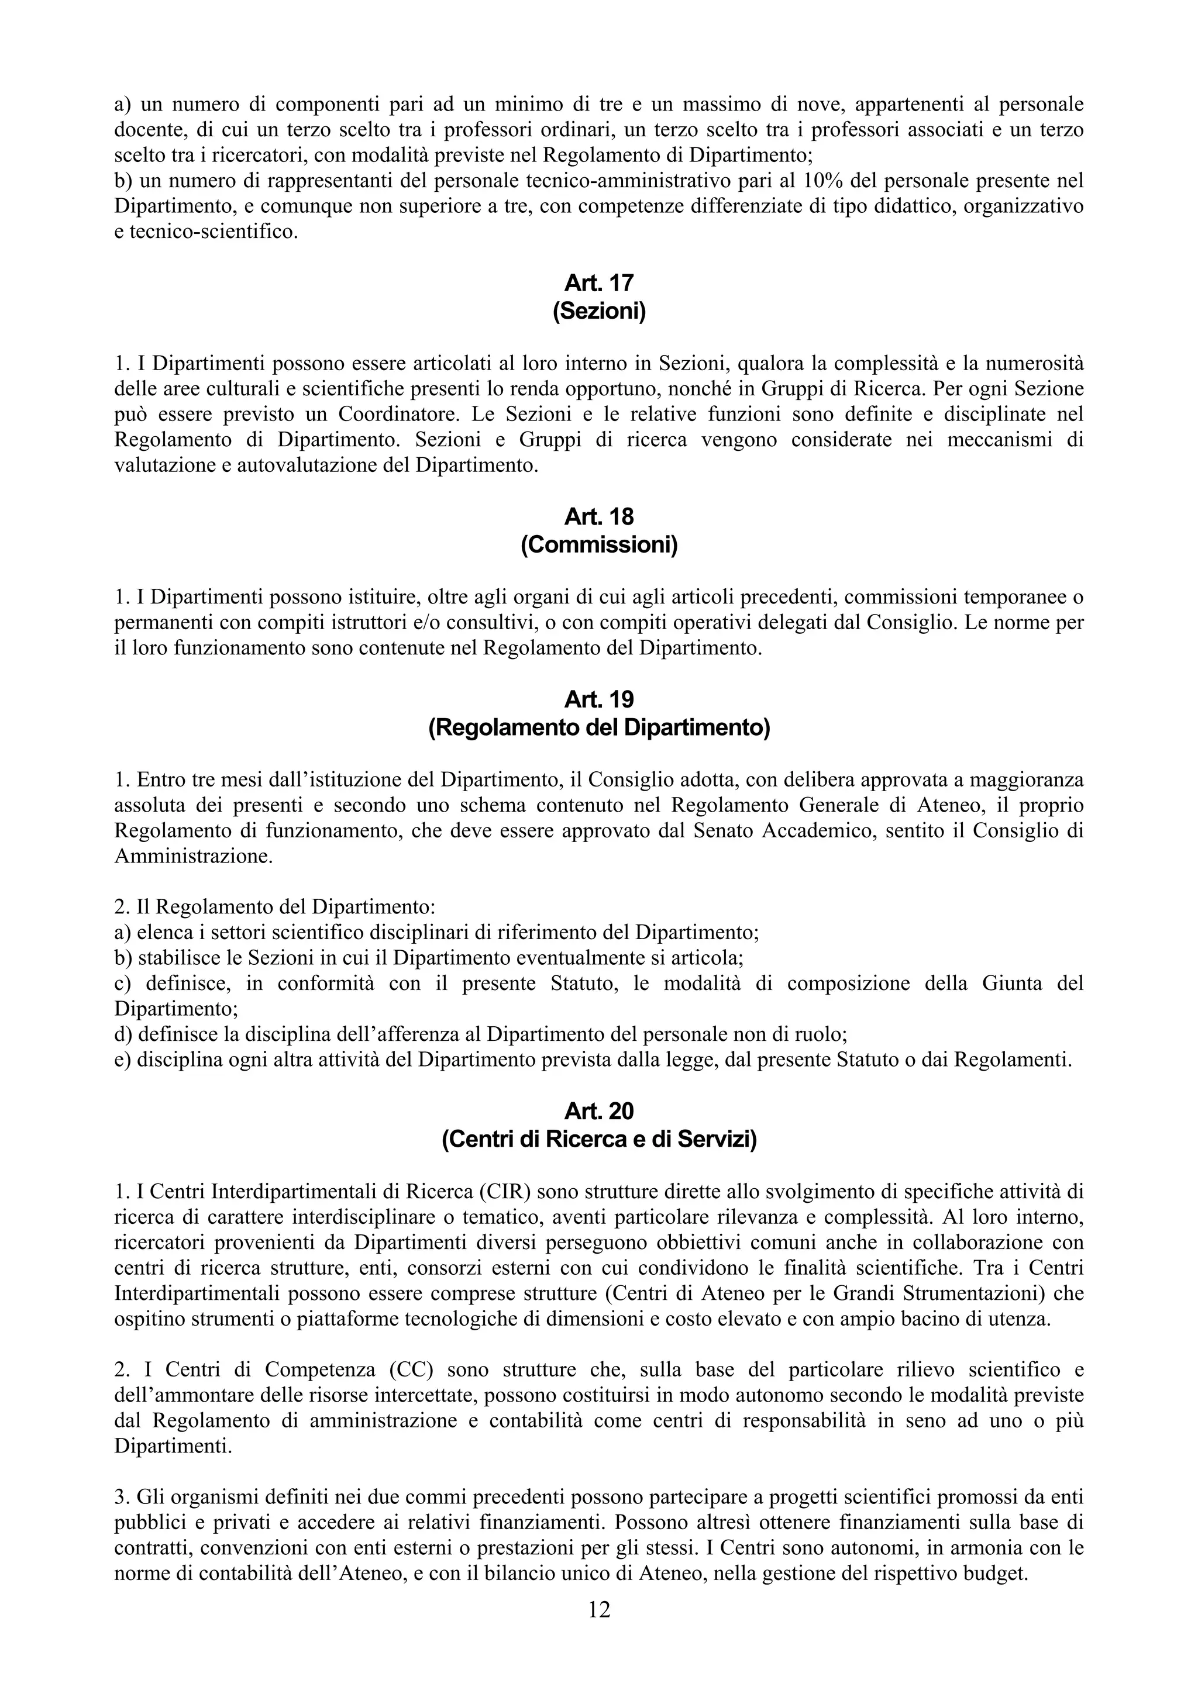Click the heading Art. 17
click(598, 282)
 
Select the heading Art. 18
click(598, 516)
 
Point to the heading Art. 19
click(598, 699)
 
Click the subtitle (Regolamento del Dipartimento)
click(598, 728)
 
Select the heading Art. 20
click(598, 1110)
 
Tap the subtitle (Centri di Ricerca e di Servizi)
click(598, 1140)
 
